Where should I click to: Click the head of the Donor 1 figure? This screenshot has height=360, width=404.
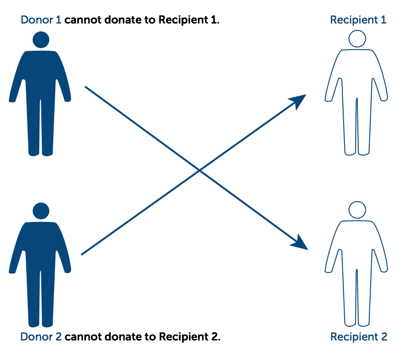pos(41,40)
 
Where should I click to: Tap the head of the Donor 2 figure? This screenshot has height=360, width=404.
pos(41,211)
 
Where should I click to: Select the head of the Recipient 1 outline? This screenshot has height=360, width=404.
pos(357,39)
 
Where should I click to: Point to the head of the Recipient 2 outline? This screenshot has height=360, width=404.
pos(357,210)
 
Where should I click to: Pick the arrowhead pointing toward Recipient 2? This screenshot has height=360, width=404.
pos(300,242)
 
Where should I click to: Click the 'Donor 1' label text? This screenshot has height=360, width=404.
pos(41,20)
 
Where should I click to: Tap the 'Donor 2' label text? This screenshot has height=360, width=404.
pos(41,337)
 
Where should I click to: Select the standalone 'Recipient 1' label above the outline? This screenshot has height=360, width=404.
pos(358,20)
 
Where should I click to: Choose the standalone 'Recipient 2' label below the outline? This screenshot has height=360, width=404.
pos(358,337)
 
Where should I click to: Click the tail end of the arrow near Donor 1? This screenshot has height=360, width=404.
pos(86,87)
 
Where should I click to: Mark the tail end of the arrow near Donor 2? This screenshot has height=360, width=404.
pos(83,254)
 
